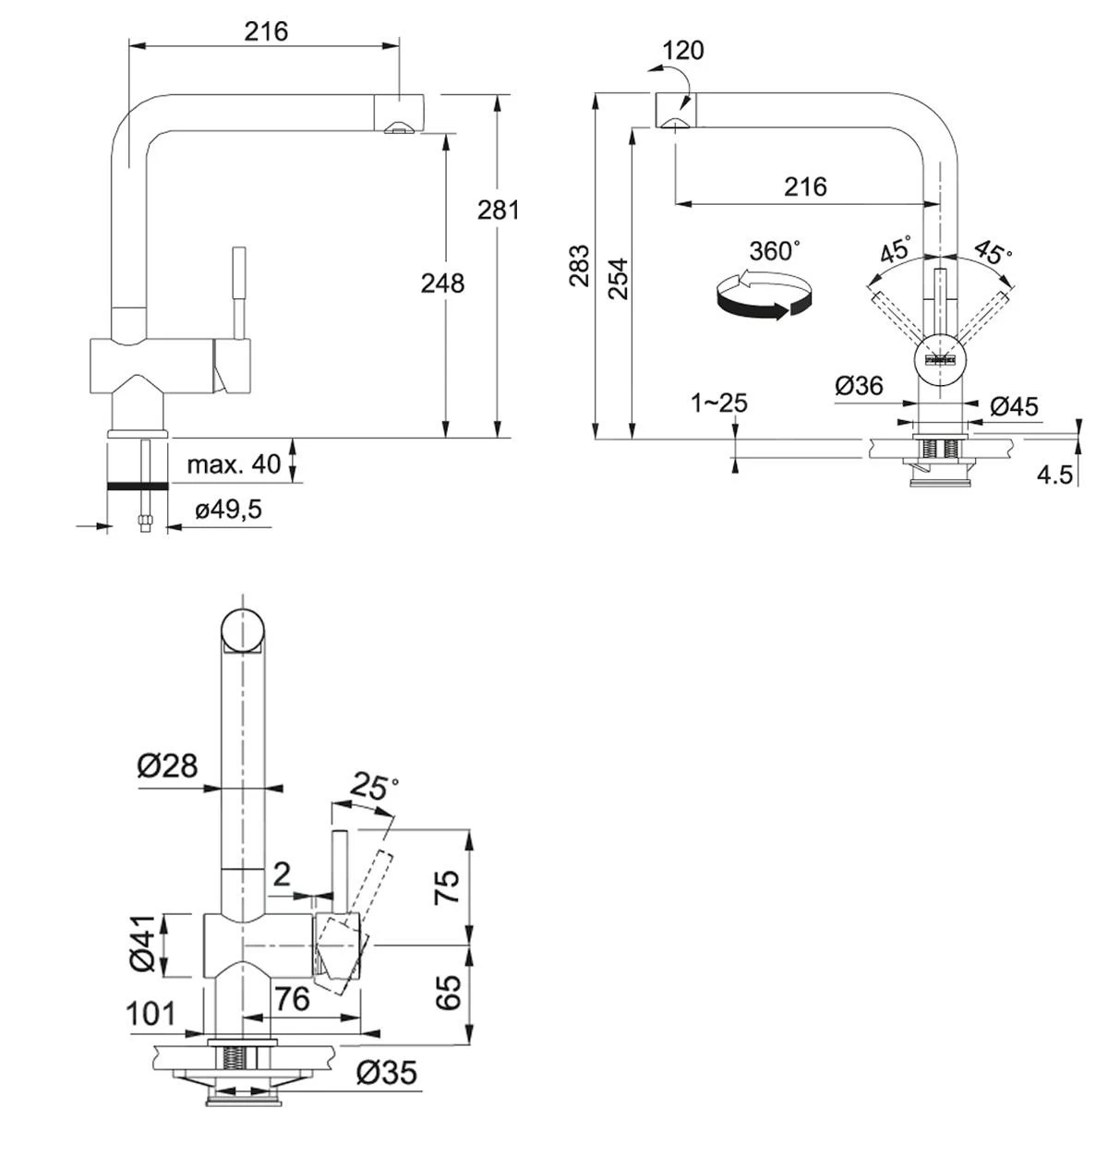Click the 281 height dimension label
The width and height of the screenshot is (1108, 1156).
[x=498, y=211]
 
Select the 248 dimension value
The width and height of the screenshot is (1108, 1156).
[x=442, y=283]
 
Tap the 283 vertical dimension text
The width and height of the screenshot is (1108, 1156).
[x=579, y=265]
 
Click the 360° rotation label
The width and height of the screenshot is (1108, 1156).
[x=774, y=251]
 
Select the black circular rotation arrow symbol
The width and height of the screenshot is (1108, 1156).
[x=763, y=297]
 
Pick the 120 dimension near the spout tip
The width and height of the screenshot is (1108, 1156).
[x=683, y=50]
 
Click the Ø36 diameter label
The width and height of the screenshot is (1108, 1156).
[x=859, y=386]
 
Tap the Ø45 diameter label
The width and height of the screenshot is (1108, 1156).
[x=1013, y=405]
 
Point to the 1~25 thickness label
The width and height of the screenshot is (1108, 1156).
[x=719, y=403]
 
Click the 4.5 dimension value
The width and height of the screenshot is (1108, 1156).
[x=1054, y=475]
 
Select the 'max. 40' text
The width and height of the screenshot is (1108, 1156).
[x=234, y=464]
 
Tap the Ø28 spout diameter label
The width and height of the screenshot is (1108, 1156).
[x=167, y=765]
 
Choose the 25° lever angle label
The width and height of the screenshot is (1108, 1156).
[x=374, y=787]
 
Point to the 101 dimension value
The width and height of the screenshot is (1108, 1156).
[x=150, y=1013]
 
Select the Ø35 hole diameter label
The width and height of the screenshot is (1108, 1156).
[x=386, y=1072]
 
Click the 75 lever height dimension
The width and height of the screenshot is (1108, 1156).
[x=446, y=887]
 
